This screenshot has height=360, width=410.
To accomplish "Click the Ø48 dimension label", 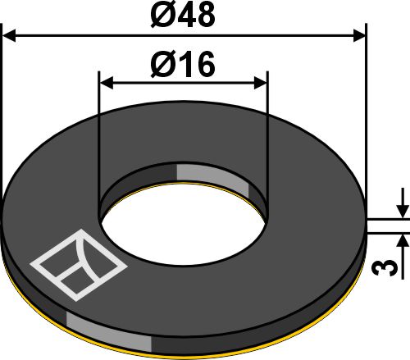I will pyautogui.click(x=183, y=16).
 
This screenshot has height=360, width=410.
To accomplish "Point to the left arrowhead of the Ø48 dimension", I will pyautogui.click(x=10, y=35).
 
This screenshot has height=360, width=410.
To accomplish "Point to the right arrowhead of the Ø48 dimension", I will pyautogui.click(x=358, y=35).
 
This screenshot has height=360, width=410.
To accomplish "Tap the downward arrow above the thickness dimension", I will pyautogui.click(x=403, y=210).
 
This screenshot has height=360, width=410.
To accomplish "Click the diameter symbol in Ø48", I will pyautogui.click(x=162, y=16).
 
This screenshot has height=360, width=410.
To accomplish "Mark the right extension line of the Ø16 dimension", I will pyautogui.click(x=267, y=139).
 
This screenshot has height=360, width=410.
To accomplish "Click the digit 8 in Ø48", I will pyautogui.click(x=204, y=16).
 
